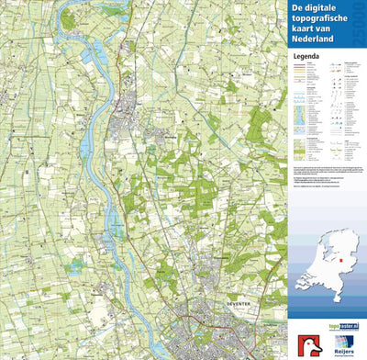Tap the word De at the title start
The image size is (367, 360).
[x=298, y=7]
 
